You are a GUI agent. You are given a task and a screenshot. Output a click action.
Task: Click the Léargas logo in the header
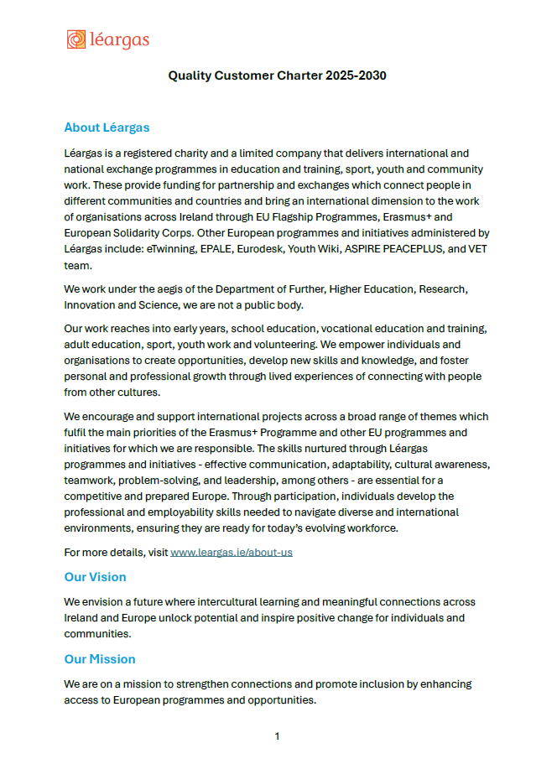coord(108,39)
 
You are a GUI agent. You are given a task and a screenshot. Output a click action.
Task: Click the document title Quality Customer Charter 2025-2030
coord(277,75)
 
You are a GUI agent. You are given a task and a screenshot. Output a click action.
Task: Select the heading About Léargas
coord(107,127)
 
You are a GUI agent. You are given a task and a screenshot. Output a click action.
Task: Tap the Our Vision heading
coord(95,577)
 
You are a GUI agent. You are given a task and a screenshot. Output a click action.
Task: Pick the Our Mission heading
coord(99,659)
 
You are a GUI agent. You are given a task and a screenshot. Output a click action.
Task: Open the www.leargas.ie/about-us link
coord(232,553)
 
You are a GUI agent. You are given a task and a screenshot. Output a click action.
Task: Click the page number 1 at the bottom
coord(277,736)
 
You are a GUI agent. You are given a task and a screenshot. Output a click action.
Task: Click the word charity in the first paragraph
coord(199,153)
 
